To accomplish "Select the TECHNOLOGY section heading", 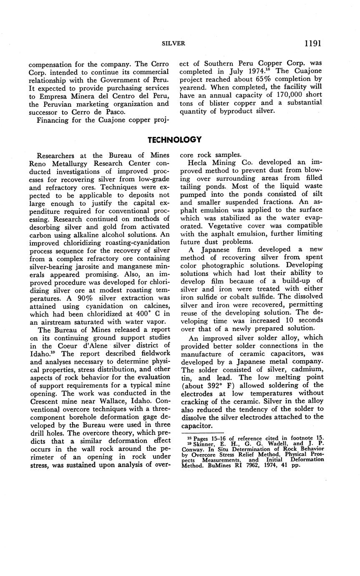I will (x=175, y=139).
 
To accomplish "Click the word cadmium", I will (x=305, y=369).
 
